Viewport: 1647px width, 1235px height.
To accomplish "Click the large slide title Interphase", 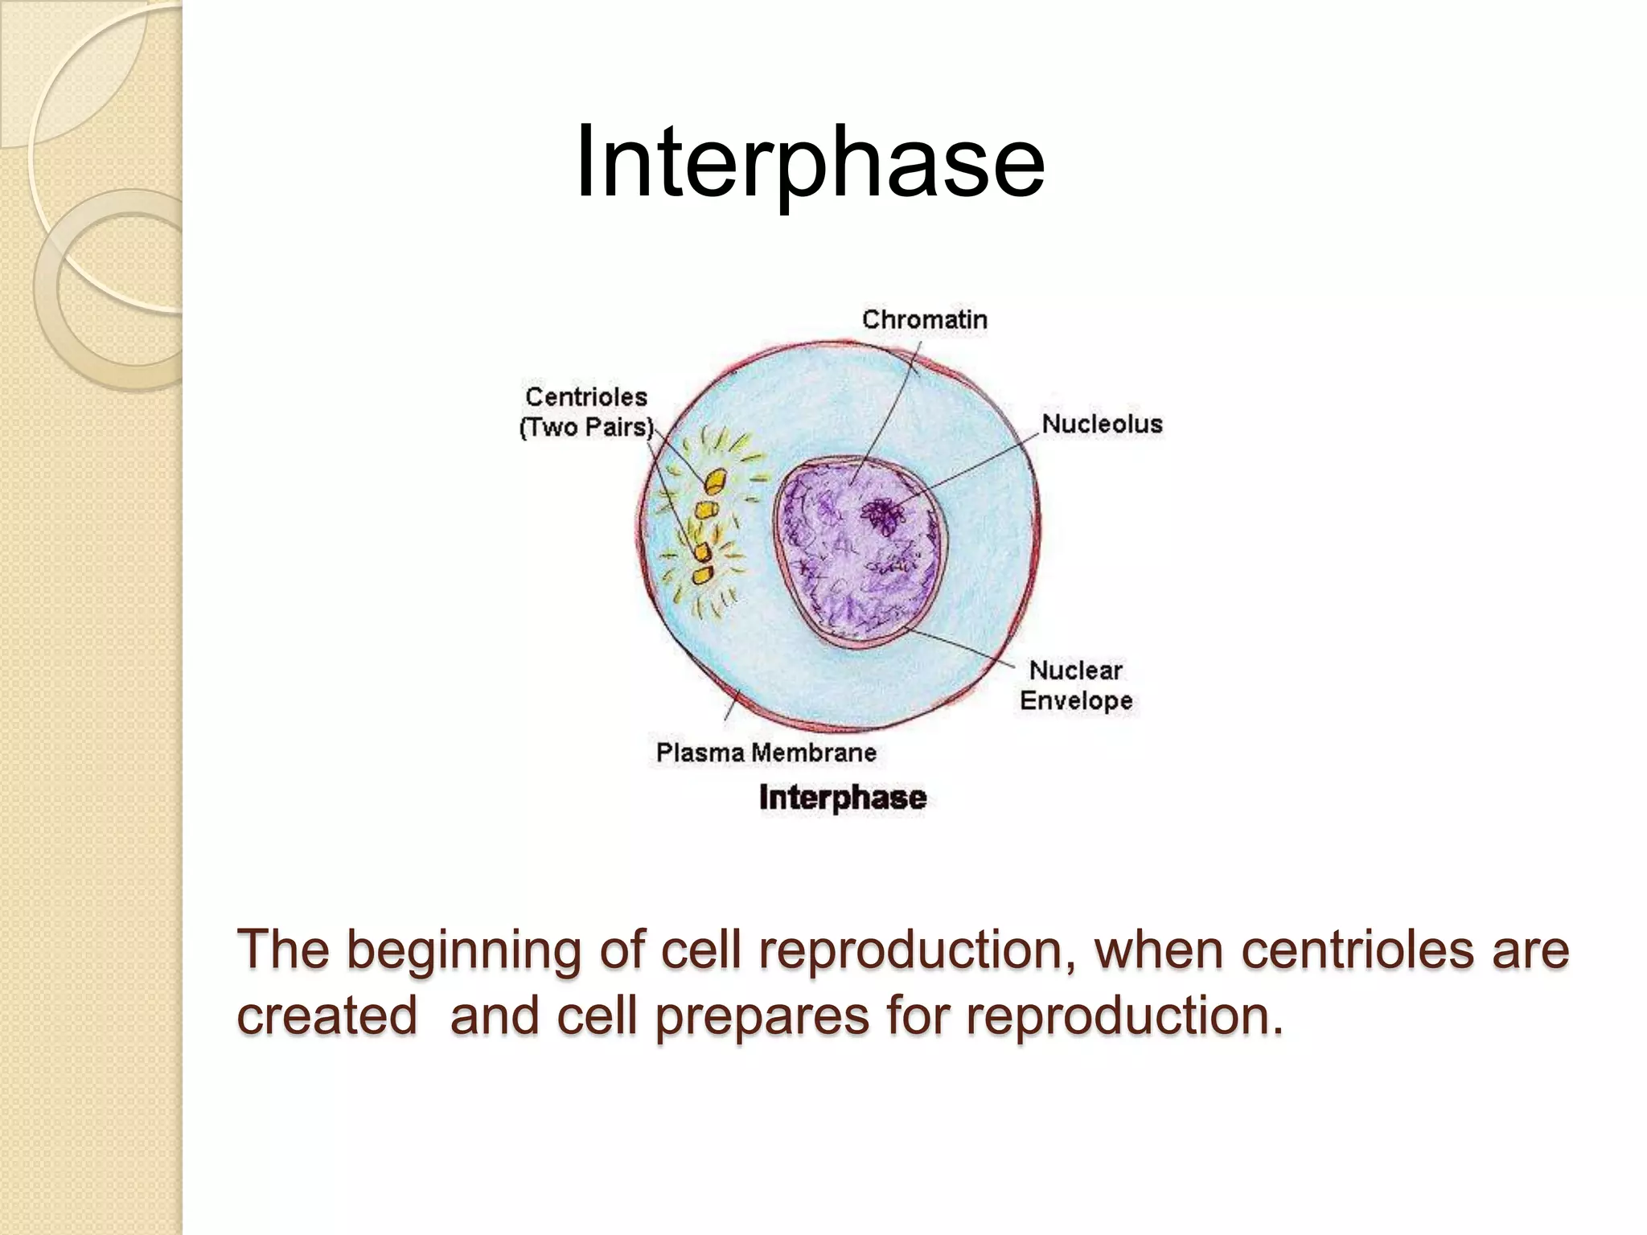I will [810, 162].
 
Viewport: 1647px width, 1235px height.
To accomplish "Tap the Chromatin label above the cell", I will [924, 320].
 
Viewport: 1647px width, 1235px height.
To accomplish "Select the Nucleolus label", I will [1102, 424].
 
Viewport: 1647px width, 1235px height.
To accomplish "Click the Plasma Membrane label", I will [766, 753].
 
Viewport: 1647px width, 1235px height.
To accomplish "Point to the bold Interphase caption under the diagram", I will [842, 798].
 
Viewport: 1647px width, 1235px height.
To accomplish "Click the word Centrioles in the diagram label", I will [586, 396].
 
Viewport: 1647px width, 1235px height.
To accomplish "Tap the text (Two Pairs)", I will [586, 427].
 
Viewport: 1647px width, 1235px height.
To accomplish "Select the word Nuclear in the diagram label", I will [1075, 670].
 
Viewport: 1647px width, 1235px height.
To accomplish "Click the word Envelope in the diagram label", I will [1076, 700].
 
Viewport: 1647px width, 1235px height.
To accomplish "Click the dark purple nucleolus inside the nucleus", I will [884, 515].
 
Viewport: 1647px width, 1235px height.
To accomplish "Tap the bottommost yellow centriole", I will [703, 575].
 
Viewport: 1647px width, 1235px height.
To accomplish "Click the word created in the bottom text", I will [327, 1016].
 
